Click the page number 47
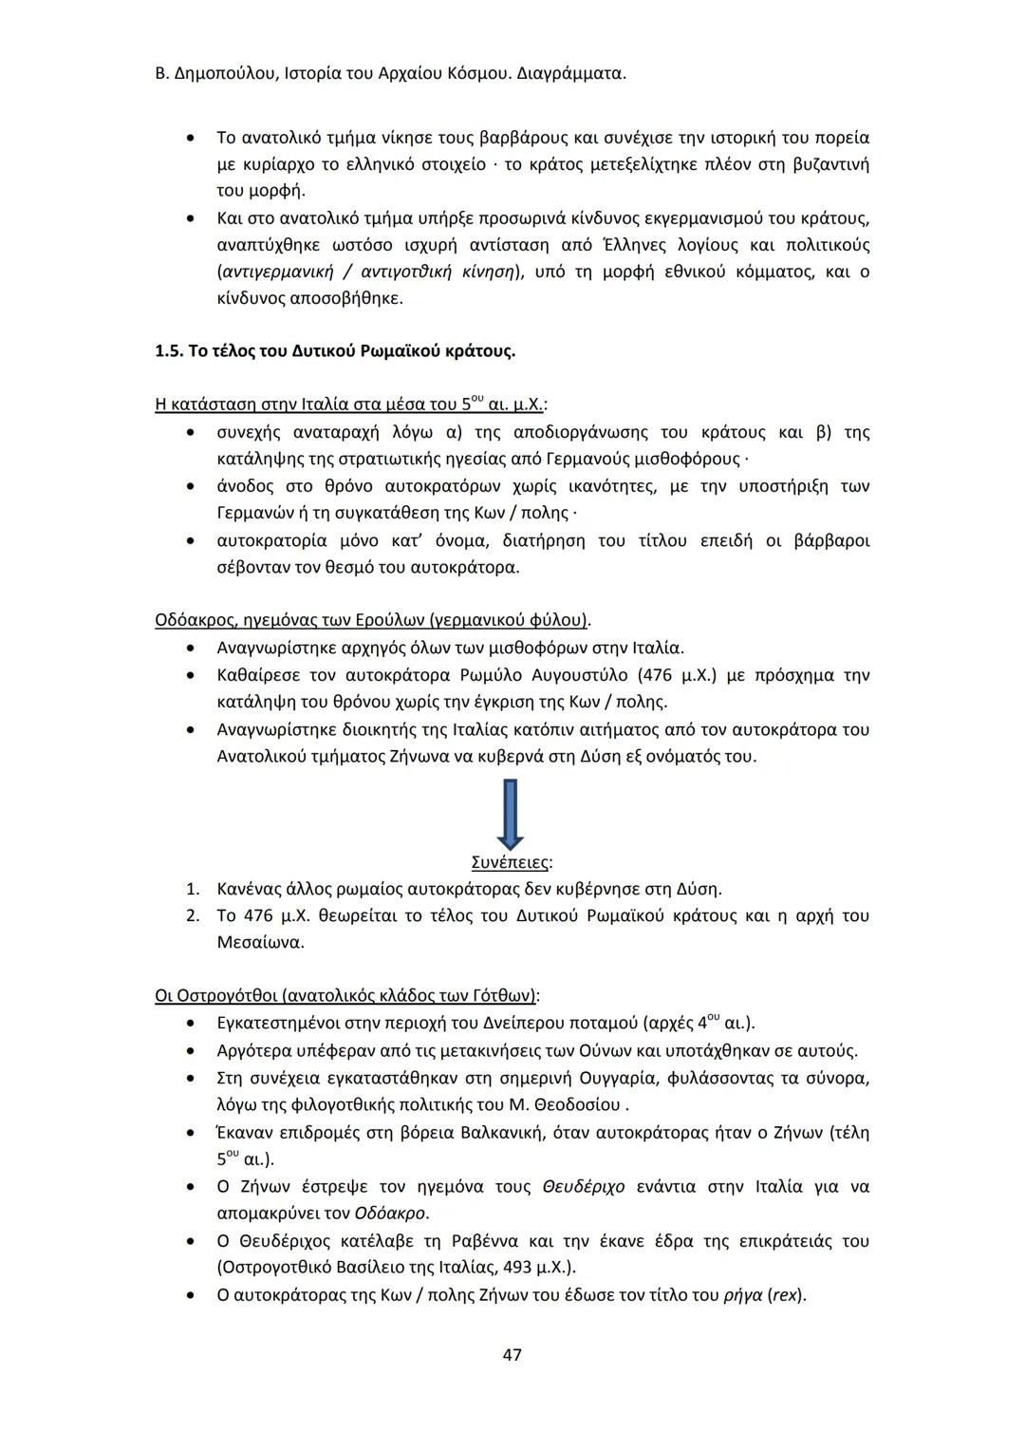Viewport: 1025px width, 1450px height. pyautogui.click(x=512, y=1354)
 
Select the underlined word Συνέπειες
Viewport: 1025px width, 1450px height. pyautogui.click(x=510, y=862)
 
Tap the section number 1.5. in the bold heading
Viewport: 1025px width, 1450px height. pyautogui.click(x=168, y=351)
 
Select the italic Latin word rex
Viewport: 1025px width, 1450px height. pyautogui.click(x=785, y=1294)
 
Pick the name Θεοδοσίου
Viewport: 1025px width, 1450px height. pyautogui.click(x=579, y=1105)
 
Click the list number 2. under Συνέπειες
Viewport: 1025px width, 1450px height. pyautogui.click(x=193, y=916)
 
